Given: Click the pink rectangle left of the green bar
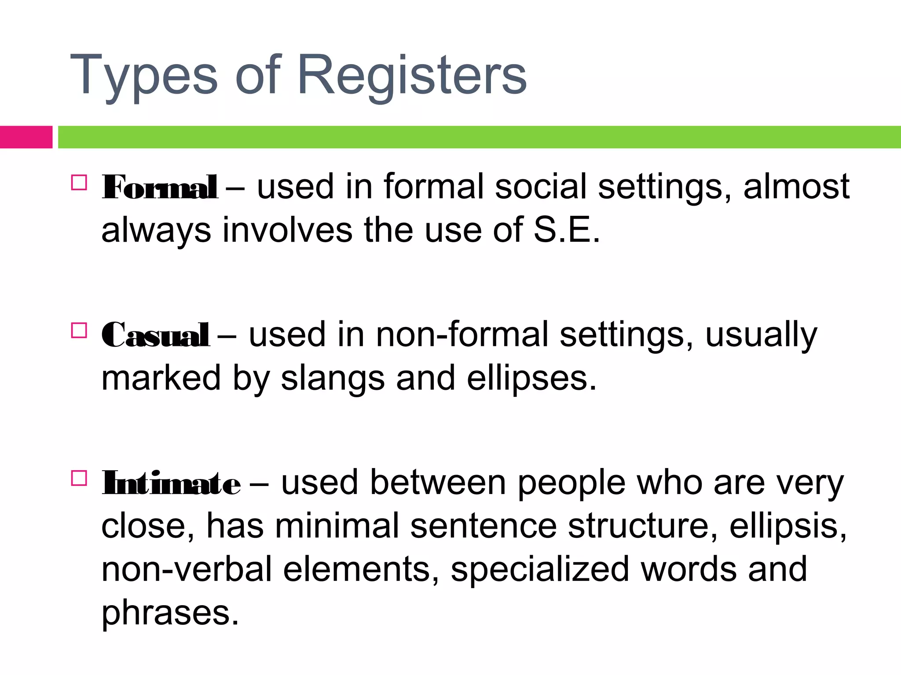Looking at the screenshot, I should coord(26,137).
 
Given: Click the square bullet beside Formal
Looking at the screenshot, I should coord(79,182).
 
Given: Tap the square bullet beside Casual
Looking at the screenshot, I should coord(79,330).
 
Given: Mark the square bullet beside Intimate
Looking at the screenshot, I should coord(79,478).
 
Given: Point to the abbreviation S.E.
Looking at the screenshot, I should coord(567,230).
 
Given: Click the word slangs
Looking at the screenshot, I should coord(333,378).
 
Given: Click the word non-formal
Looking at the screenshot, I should coord(462,335).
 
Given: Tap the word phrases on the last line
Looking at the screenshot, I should coord(170,613).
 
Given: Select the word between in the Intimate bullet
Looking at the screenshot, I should coord(437,483).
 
